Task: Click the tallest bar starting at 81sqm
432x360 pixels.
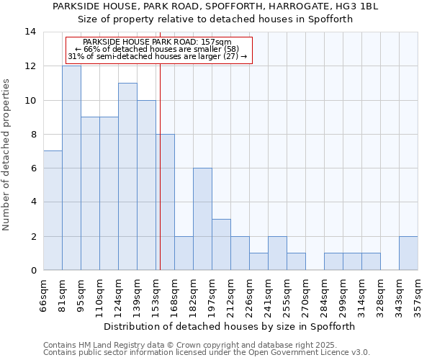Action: [71, 168]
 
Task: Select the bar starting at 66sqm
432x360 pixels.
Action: [53, 210]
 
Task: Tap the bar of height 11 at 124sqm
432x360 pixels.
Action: [127, 176]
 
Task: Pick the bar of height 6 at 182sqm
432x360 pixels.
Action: [202, 219]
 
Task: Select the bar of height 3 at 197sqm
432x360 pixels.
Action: [221, 244]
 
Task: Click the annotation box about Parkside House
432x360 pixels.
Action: [158, 50]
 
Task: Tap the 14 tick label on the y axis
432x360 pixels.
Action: [30, 32]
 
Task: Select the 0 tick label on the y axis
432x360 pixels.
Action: [33, 270]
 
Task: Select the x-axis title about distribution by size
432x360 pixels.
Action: [230, 326]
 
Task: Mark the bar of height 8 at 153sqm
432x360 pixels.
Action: [165, 202]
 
